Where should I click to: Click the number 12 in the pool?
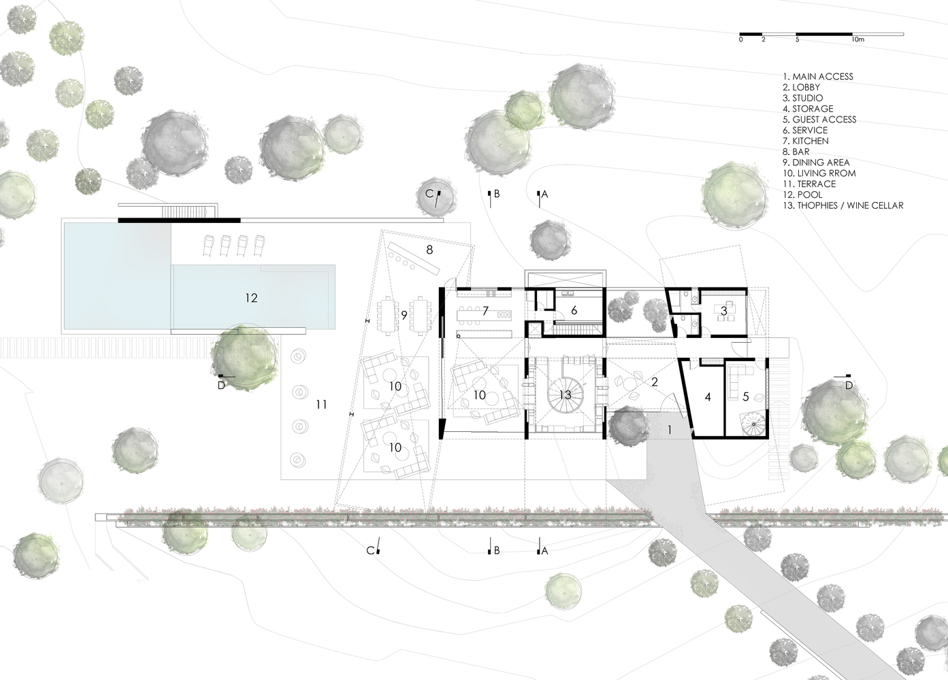point(251,298)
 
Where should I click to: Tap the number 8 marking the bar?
point(429,250)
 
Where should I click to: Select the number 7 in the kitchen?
point(485,311)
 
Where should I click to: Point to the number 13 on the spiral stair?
point(566,395)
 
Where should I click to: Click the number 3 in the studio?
point(723,311)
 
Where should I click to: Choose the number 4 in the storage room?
point(708,396)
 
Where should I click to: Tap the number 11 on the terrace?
point(321,405)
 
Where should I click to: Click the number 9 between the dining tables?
point(404,315)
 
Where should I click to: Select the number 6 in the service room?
point(574,310)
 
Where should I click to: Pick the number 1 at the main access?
point(670,430)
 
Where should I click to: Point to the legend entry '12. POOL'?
point(802,194)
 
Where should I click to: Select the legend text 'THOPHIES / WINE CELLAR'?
point(850,205)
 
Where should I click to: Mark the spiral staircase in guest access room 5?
point(753,424)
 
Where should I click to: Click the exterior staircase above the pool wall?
point(184,211)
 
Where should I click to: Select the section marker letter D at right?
point(849,386)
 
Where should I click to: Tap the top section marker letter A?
point(544,194)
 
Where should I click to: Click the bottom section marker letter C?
point(370,551)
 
